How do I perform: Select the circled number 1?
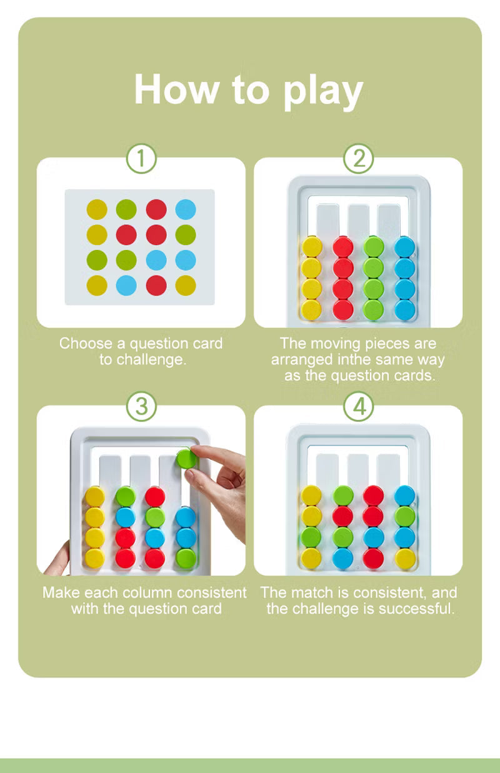[x=141, y=159]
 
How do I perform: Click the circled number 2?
[x=358, y=159]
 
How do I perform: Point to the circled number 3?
[x=141, y=407]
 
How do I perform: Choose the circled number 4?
[x=358, y=407]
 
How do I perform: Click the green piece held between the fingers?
[x=186, y=459]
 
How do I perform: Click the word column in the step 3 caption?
[x=149, y=592]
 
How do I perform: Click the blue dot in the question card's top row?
[x=186, y=209]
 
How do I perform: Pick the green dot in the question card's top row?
[x=126, y=209]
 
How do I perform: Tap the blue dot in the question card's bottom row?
[x=126, y=285]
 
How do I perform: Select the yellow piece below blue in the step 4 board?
[x=404, y=558]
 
